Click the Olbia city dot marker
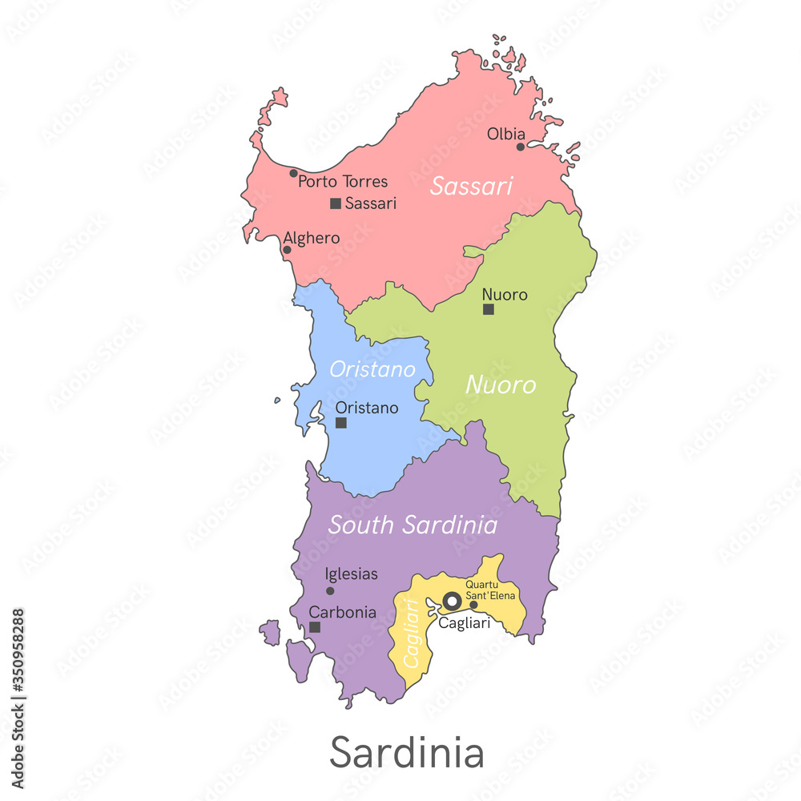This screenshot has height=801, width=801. tap(520, 147)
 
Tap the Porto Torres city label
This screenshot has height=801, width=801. tap(343, 182)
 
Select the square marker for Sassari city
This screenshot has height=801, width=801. tap(336, 203)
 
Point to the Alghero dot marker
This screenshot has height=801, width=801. tap(287, 250)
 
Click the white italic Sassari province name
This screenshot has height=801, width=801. tap(471, 187)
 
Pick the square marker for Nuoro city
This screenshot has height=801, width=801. tap(489, 309)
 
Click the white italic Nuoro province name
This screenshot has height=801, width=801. tap(501, 385)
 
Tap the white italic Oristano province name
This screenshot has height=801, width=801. tap(372, 370)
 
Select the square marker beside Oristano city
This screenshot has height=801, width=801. tap(341, 422)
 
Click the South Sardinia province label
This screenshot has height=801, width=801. tap(413, 525)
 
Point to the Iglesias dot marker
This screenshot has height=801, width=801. tap(330, 591)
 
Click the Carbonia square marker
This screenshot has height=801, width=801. tap(315, 627)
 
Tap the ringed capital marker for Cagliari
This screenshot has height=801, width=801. tap(452, 601)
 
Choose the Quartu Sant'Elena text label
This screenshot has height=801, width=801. tap(491, 590)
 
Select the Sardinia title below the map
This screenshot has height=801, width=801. tap(406, 753)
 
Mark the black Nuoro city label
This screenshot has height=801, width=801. tap(505, 295)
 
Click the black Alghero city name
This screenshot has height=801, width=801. tap(312, 238)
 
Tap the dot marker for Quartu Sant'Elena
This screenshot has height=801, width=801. tap(473, 605)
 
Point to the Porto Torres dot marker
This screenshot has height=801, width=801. tap(293, 173)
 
